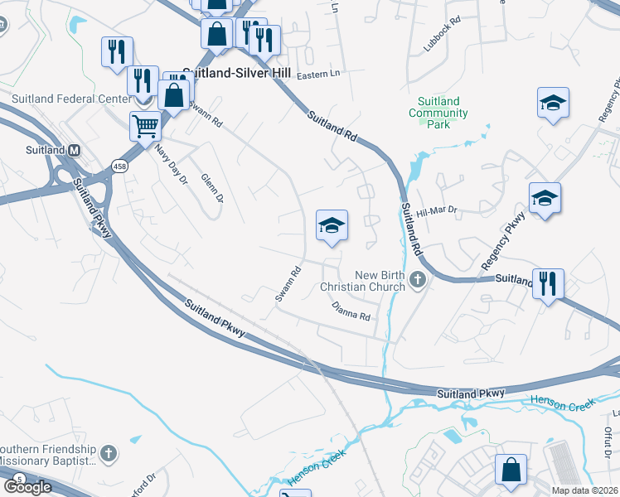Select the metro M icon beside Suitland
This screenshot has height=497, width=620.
(x=74, y=150)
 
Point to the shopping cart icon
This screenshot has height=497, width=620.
(x=145, y=127)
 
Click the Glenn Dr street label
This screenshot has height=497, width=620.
(x=211, y=187)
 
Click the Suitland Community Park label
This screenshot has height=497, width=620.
(x=438, y=112)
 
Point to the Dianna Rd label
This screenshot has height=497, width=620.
(x=350, y=310)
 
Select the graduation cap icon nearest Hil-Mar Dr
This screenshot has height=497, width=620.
(x=545, y=198)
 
